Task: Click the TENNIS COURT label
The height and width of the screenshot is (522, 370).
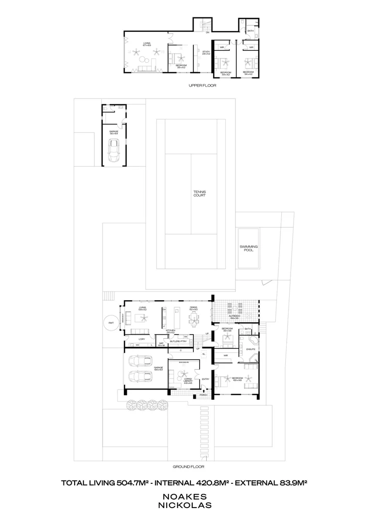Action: tap(200, 194)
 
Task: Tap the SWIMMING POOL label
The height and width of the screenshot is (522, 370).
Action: tap(248, 248)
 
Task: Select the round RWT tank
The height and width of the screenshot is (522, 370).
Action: tap(110, 323)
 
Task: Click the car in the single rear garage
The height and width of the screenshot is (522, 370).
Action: tap(114, 149)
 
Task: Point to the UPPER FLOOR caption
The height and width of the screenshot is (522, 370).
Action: tap(202, 85)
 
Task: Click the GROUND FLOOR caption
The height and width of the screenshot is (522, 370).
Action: tap(188, 467)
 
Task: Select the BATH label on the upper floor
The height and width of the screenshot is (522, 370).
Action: tap(250, 31)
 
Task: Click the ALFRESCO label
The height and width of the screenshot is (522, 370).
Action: tap(236, 317)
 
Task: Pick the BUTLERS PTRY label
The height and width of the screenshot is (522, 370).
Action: tap(179, 341)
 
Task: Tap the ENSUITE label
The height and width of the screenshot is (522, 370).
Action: tap(250, 349)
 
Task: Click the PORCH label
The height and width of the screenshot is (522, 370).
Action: tap(204, 395)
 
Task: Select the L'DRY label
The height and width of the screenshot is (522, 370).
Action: tap(142, 339)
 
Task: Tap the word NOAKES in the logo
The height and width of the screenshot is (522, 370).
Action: tap(185, 496)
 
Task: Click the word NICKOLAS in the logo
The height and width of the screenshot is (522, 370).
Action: tap(185, 505)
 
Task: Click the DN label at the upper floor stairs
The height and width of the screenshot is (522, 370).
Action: tap(207, 32)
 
